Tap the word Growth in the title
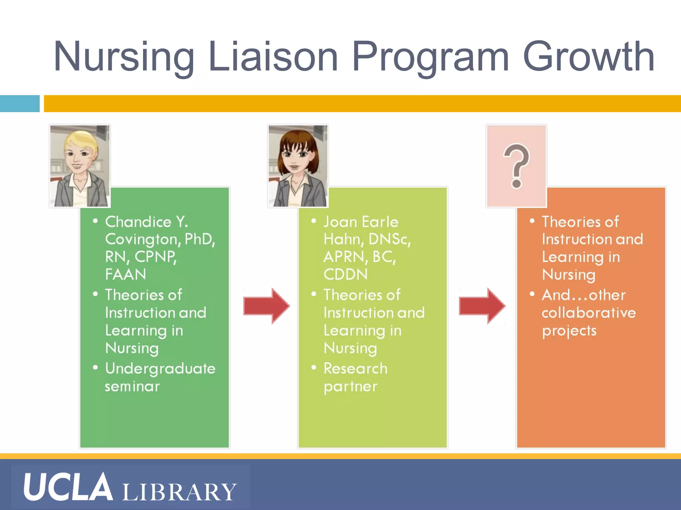point(589,56)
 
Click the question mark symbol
point(516,166)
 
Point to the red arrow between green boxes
point(266,305)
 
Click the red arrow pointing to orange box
point(482,305)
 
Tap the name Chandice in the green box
point(138,222)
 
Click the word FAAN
point(126,274)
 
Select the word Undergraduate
point(160,369)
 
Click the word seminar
point(132,386)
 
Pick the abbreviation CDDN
point(346,274)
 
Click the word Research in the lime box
point(355,369)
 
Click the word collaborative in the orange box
point(589,313)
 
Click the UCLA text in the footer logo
point(68,487)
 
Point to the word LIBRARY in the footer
point(180,492)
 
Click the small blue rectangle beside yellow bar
point(20,104)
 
